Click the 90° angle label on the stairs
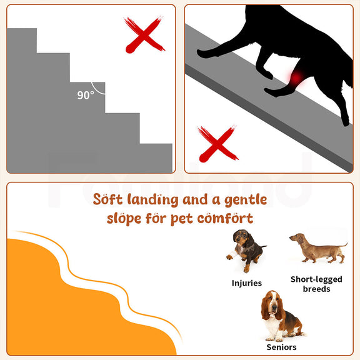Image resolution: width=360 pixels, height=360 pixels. coord(86,95)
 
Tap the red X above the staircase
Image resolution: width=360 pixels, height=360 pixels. coord(144,35)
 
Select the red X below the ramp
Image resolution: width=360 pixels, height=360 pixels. coord(217,144)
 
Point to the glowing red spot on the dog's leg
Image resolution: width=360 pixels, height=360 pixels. coord(296,77)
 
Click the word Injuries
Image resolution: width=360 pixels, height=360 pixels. coord(247,283)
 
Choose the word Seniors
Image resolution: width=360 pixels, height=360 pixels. coord(281,347)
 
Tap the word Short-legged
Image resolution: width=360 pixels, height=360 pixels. coord(316,279)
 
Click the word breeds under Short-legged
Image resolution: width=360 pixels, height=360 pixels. coord(317,289)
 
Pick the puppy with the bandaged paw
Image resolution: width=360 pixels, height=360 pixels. coord(246,250)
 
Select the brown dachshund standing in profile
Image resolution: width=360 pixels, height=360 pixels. coord(319,248)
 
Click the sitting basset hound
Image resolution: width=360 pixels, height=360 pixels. coord(281,316)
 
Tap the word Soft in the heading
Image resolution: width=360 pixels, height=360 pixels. coord(107,199)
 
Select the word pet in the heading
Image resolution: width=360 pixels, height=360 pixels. coord(182,219)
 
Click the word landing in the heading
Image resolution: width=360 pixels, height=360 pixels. coord(152,200)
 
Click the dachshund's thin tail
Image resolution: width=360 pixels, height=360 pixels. coord(342,245)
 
